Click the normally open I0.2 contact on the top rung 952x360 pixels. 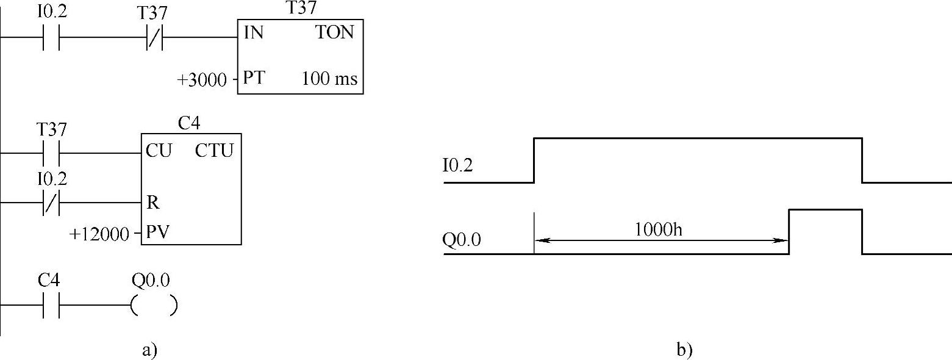(51, 38)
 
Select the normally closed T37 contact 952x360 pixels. (154, 38)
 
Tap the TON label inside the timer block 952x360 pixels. (335, 33)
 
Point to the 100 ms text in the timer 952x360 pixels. (329, 79)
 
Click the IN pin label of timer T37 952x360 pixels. (254, 33)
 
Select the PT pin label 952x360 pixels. (253, 79)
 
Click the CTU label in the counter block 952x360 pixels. (214, 151)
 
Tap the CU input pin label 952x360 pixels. (158, 151)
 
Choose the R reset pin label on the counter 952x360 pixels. (152, 203)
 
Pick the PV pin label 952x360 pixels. (157, 233)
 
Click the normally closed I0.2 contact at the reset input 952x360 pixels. (51, 202)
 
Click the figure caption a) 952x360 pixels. (149, 350)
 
